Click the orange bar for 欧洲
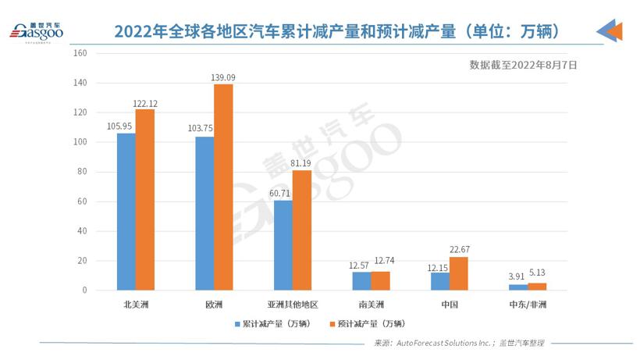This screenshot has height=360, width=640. tap(223, 187)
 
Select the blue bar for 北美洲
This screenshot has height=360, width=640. tap(126, 212)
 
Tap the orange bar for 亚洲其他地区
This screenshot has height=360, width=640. tap(302, 230)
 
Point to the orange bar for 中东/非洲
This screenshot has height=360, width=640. tap(537, 287)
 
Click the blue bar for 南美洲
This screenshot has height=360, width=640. tap(361, 281)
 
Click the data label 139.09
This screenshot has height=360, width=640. tap(223, 77)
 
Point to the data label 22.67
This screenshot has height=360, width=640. tap(459, 250)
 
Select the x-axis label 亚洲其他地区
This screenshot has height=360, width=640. tap(293, 304)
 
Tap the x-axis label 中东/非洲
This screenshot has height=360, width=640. tap(528, 304)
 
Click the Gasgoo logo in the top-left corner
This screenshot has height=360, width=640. tap(35, 32)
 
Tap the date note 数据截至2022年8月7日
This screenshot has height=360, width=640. tap(523, 66)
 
